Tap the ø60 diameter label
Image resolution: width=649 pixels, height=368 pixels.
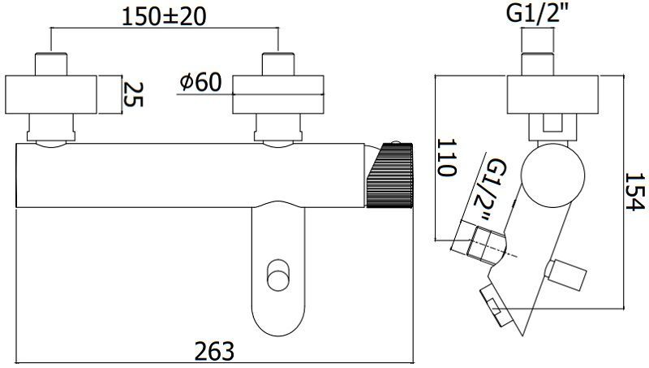(203, 82)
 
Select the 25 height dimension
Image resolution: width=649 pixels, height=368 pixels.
(132, 94)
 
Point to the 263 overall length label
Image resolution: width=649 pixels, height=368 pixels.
(214, 350)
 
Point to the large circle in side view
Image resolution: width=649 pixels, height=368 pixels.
(553, 175)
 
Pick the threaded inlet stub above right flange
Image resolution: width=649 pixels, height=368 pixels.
(277, 63)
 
